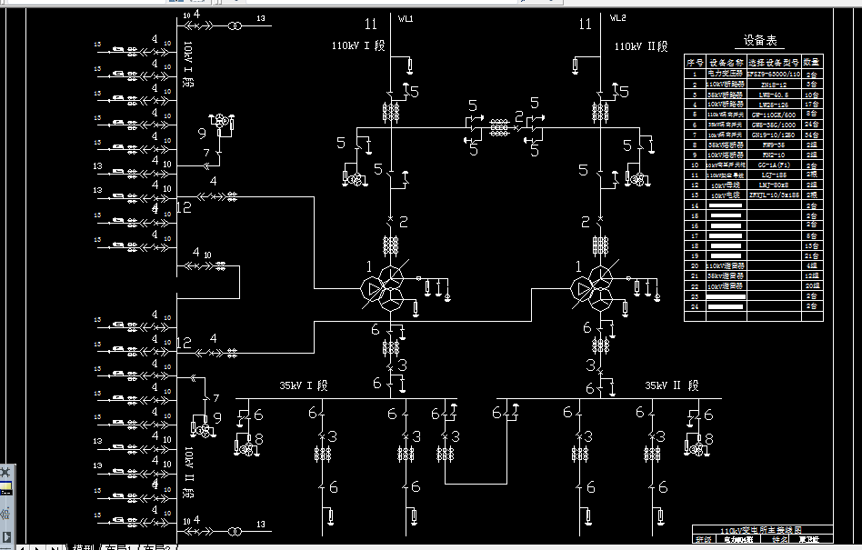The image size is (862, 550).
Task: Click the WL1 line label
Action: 406,17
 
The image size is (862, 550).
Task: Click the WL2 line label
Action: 616,17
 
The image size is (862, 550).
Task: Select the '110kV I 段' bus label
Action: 358,45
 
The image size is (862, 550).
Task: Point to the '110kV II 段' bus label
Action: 640,46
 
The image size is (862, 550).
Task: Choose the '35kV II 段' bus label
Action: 672,385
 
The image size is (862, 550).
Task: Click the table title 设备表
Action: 762,41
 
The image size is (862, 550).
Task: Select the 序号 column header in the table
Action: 695,63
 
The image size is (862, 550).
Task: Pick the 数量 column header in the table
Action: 812,63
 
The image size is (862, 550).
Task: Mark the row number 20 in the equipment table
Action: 695,265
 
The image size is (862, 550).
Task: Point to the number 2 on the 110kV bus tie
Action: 519,115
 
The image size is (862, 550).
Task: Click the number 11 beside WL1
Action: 370,24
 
